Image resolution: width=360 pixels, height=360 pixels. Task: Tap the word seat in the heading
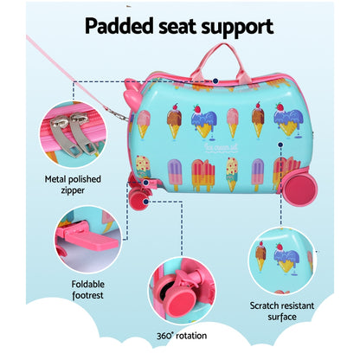point(189,26)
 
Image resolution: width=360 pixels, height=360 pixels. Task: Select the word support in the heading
point(244,26)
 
